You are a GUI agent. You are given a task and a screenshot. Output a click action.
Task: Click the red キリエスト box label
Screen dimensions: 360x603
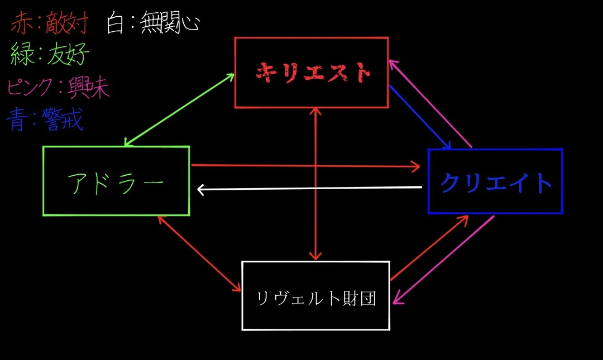click(x=313, y=72)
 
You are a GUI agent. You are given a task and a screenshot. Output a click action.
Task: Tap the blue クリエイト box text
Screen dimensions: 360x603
click(x=496, y=182)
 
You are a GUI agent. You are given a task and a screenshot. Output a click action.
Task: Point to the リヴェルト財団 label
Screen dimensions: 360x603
click(x=316, y=299)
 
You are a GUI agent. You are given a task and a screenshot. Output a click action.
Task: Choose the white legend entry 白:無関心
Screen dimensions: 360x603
click(x=152, y=24)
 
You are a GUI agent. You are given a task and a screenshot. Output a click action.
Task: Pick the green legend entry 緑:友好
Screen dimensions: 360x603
click(x=50, y=55)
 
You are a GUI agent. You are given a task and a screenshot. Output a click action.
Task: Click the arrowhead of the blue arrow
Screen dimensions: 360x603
click(x=447, y=146)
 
